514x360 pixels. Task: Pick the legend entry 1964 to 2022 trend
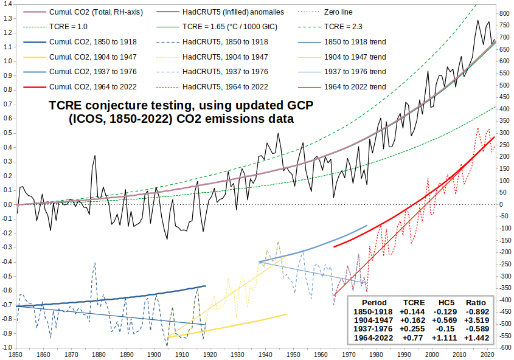click(x=355, y=86)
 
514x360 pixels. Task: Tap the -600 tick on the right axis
click(x=505, y=348)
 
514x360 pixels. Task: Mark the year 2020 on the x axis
click(x=487, y=355)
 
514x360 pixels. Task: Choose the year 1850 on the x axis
click(x=16, y=355)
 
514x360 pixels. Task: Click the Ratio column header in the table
click(x=476, y=303)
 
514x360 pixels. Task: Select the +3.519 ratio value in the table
click(x=476, y=320)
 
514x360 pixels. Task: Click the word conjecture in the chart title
click(x=125, y=106)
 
